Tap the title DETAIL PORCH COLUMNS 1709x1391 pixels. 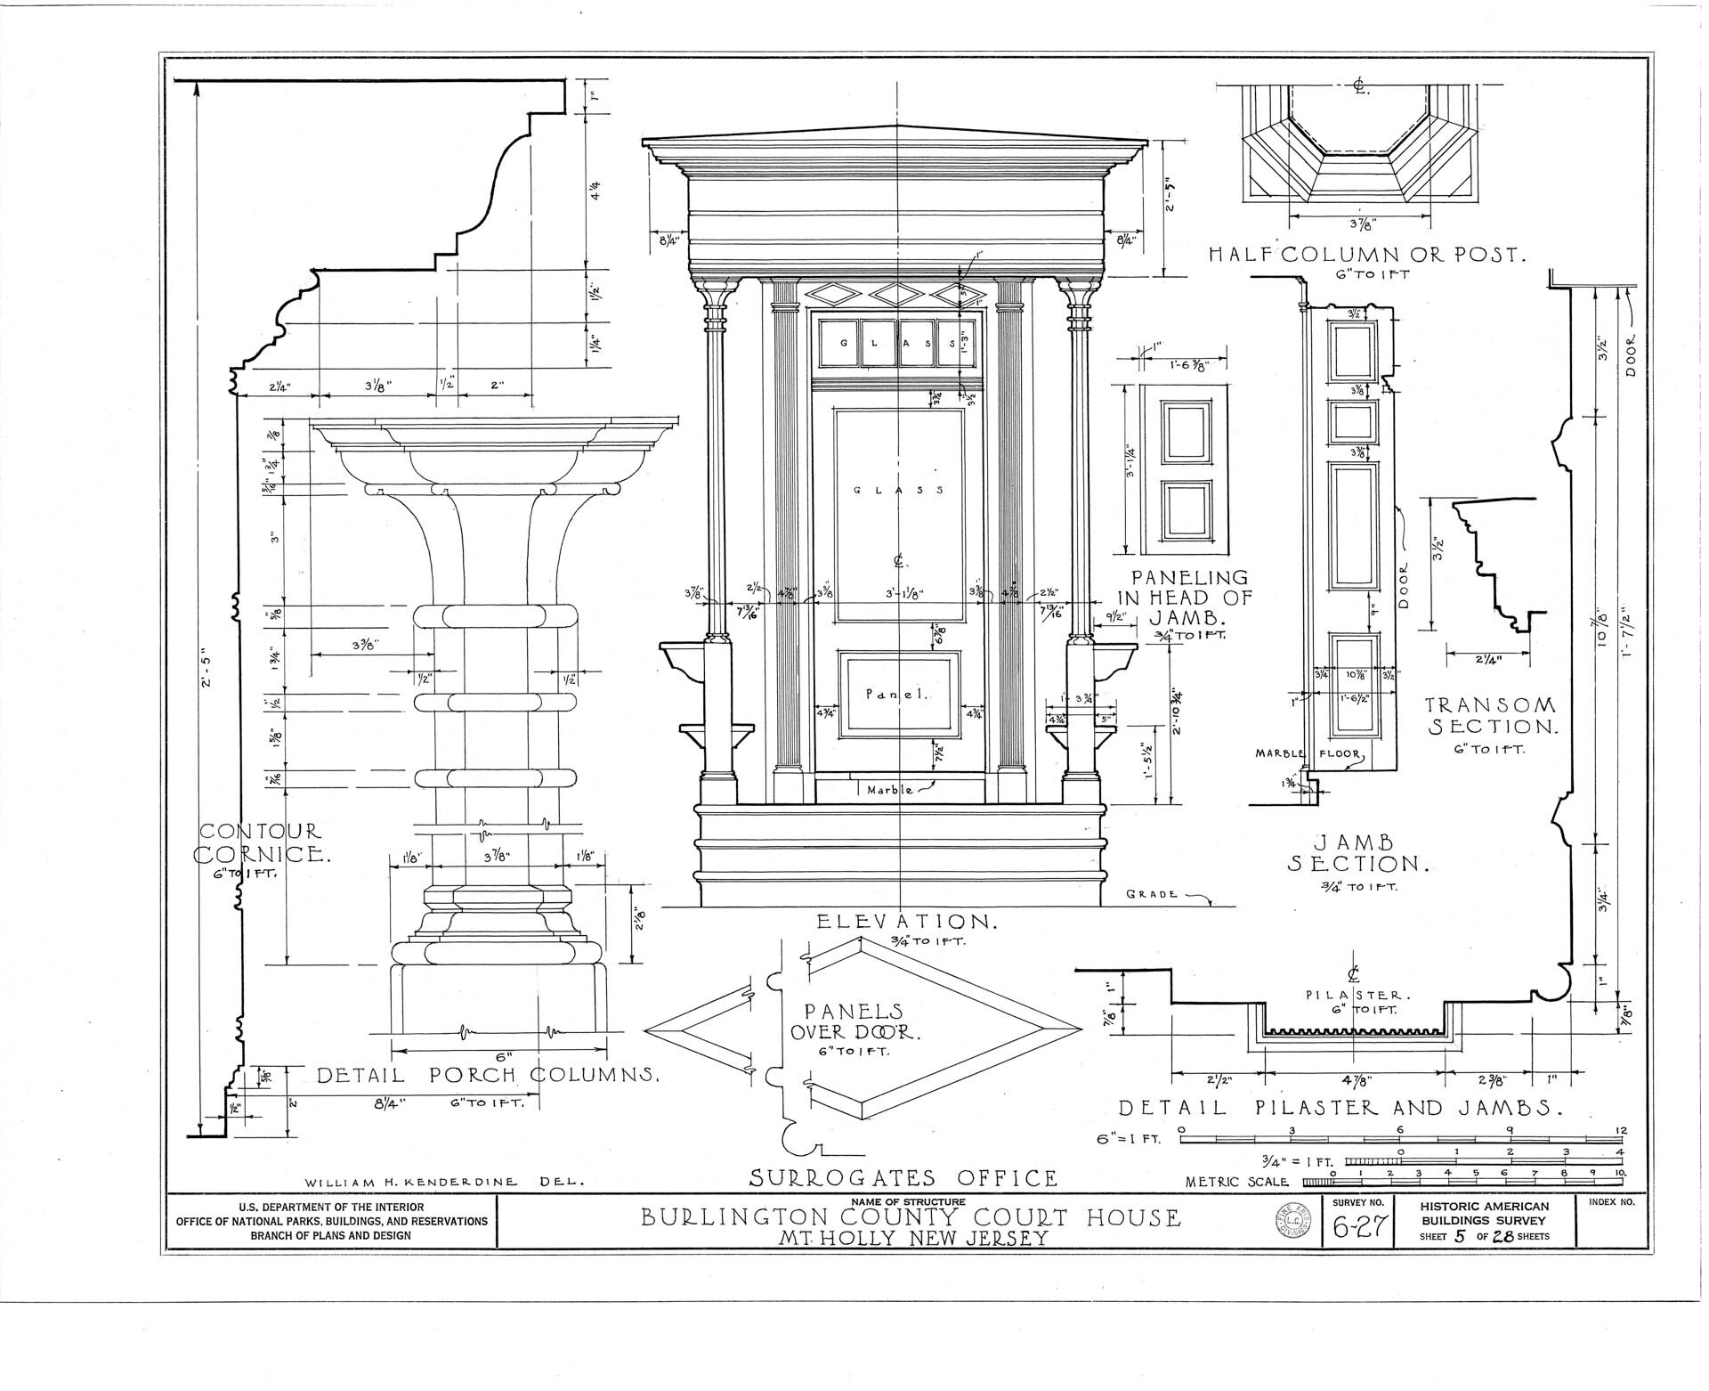click(488, 1075)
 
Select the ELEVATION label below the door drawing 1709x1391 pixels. click(907, 921)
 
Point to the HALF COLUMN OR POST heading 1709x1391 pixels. click(1366, 256)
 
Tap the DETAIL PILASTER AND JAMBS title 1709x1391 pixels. click(1341, 1108)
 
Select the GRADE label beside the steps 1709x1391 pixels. click(1152, 893)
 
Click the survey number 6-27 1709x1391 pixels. click(1359, 1228)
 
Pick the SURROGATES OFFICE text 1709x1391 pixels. click(903, 1178)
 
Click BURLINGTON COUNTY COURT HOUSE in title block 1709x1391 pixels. click(911, 1216)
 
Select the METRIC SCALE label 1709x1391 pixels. click(1237, 1182)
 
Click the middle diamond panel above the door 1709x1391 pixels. click(897, 294)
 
